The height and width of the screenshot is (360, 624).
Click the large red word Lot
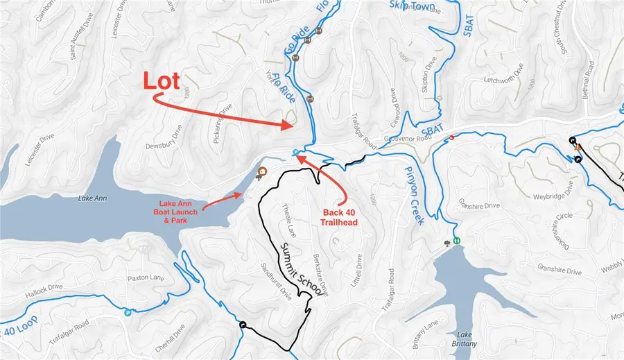click(x=162, y=80)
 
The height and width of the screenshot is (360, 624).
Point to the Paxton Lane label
click(x=144, y=278)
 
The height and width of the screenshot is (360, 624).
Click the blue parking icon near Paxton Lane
click(x=127, y=313)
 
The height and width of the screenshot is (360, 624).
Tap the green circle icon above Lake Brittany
click(x=457, y=241)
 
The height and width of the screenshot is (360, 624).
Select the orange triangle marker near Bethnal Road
click(x=575, y=147)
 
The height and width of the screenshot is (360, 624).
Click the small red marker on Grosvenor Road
click(x=452, y=137)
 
